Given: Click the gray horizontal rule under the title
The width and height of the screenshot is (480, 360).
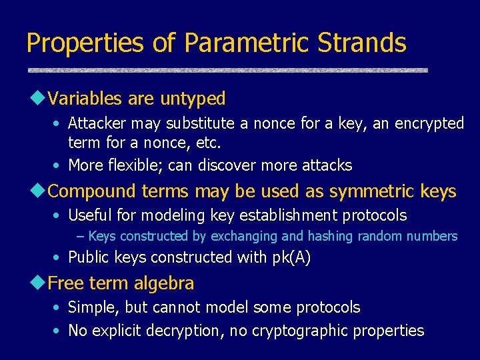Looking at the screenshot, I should point(227,69).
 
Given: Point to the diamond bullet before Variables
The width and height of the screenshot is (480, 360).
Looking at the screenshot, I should point(38,99).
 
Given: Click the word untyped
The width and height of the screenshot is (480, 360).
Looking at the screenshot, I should point(193,99).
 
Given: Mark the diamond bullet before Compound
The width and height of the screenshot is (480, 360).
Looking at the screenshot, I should point(38,191).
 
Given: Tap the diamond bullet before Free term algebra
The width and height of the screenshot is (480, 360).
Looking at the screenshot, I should point(38,283).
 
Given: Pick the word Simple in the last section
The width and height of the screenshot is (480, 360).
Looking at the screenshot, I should point(90,308).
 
